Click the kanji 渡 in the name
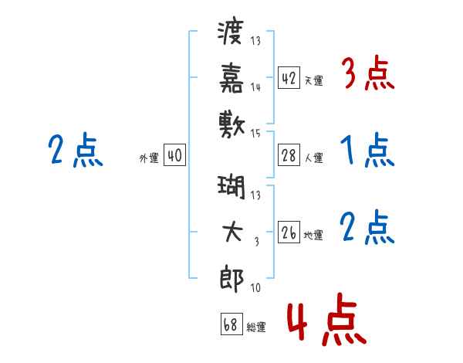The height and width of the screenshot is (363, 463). pos(230,32)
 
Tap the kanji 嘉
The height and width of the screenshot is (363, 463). pos(231,78)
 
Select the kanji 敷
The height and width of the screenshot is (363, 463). pos(231,125)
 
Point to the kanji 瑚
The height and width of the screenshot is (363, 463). pos(231,188)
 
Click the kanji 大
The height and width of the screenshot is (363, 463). pos(232,232)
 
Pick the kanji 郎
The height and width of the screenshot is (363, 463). pos(231,279)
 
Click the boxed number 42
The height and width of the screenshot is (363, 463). pos(289,78)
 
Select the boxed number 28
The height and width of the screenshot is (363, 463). pos(289,155)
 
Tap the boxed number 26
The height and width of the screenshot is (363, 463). pos(289,232)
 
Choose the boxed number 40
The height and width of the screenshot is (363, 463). pos(175,155)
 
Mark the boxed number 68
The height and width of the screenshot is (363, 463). pos(231,324)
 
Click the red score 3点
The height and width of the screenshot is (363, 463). pos(368,73)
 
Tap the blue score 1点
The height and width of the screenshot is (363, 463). pos(367,150)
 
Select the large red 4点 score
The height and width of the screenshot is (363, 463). pos(327,319)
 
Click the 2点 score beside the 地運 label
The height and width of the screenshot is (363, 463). pos(367,227)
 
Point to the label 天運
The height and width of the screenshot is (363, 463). pos(313,80)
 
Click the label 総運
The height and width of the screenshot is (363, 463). pos(256,327)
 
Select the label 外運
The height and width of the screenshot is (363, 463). pos(149,158)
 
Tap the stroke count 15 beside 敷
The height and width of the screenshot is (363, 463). pos(255,134)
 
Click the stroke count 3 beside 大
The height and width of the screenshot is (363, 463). pos(257,242)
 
